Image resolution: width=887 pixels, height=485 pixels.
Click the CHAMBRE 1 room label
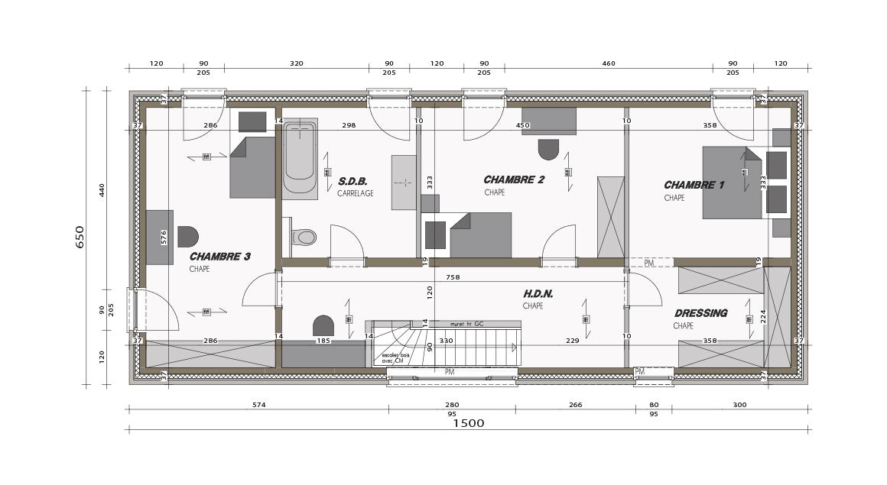point(694,185)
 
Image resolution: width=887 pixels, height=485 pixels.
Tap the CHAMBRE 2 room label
point(514,180)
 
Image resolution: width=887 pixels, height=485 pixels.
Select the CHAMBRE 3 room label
point(219,257)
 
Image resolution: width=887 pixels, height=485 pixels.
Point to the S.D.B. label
point(353,182)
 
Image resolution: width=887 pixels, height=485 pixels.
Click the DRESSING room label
point(700,313)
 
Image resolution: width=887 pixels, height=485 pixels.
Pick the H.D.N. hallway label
point(538,293)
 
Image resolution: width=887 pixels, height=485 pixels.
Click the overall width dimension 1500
point(468,423)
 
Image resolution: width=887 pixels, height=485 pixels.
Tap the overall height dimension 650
point(80,237)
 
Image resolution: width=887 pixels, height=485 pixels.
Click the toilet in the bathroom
point(304,238)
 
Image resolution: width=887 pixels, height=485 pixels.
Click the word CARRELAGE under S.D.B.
point(356,194)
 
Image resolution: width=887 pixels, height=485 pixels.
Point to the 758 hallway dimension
point(453,277)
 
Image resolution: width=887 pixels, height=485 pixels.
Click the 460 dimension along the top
point(609,63)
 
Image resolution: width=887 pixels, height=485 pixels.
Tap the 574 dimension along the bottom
point(258,405)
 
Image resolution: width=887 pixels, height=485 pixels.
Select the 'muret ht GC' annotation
point(467,324)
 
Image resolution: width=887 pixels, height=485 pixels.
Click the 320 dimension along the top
point(297,63)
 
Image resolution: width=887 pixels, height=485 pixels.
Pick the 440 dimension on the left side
point(102,190)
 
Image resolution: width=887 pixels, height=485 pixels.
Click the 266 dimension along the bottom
point(575,405)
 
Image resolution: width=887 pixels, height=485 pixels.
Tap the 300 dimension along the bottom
point(739,405)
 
